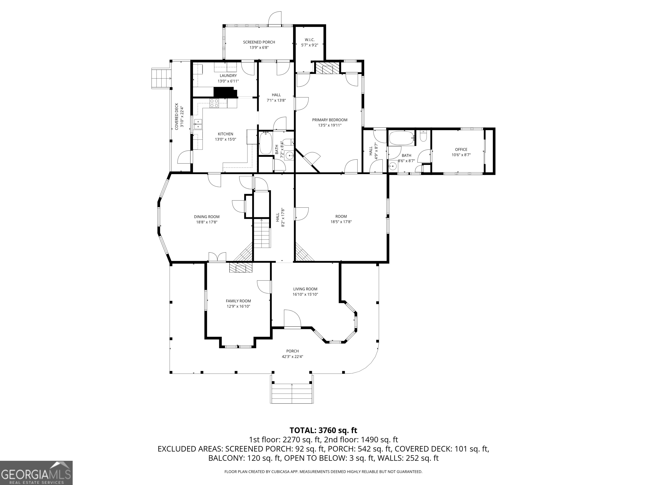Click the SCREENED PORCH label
(259, 42)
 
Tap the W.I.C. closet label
(309, 40)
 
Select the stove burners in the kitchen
(214, 103)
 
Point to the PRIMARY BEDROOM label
(330, 120)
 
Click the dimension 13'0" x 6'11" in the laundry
(228, 81)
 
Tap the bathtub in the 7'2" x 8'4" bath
(266, 143)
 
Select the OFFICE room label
(461, 149)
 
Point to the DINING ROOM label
(206, 217)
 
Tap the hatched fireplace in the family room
(241, 268)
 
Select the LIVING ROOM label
(305, 289)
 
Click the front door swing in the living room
(292, 319)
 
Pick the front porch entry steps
(292, 393)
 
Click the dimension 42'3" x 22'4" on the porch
(292, 356)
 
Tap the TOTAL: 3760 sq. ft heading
(323, 430)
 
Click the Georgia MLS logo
(36, 473)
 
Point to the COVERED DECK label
(177, 116)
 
